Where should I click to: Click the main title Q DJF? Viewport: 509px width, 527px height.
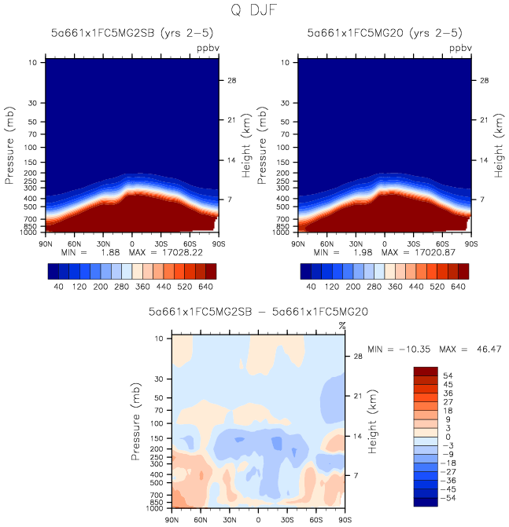[x=254, y=10]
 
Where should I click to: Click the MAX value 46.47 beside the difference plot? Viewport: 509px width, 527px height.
[x=486, y=349]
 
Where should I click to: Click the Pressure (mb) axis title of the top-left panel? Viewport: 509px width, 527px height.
[x=11, y=145]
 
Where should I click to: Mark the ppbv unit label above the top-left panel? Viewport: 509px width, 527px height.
[x=206, y=48]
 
